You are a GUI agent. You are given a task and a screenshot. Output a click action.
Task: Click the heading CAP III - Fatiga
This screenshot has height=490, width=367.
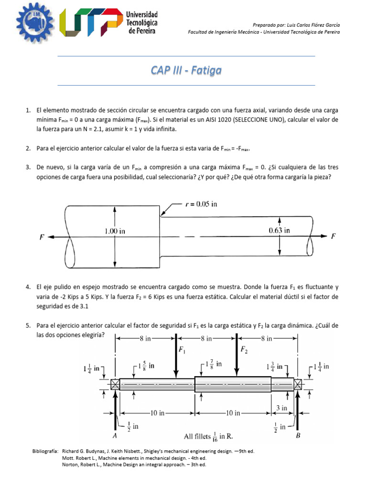(x=186, y=71)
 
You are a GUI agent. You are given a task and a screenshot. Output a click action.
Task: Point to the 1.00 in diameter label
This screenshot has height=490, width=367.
(x=115, y=231)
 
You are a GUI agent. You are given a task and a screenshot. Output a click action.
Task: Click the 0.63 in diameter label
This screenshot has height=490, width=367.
(x=280, y=230)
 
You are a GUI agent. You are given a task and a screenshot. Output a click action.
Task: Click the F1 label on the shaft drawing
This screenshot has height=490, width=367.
(x=182, y=350)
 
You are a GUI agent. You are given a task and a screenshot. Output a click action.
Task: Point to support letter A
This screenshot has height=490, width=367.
(x=115, y=435)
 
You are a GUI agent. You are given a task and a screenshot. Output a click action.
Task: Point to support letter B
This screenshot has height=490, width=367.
(x=298, y=435)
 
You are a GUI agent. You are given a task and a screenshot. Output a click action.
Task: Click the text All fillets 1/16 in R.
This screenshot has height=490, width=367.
(x=208, y=436)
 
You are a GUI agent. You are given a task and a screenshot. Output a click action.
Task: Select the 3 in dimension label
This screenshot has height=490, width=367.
(x=281, y=408)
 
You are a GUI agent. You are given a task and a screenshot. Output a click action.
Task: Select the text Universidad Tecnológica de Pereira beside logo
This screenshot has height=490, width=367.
(x=141, y=23)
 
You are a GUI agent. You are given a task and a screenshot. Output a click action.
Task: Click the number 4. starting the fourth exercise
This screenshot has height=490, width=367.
(x=28, y=288)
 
